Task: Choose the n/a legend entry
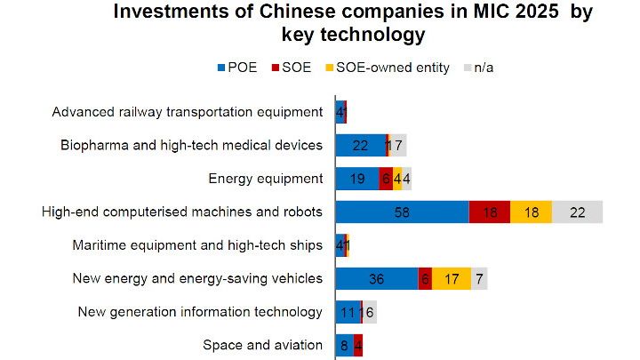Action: click(x=481, y=68)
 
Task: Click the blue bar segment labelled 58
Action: click(x=402, y=212)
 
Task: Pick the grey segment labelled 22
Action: click(x=577, y=212)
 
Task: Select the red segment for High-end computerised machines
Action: click(x=489, y=212)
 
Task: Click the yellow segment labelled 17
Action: click(x=452, y=278)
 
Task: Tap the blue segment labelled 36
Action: click(x=376, y=278)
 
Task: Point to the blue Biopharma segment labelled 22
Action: click(x=360, y=145)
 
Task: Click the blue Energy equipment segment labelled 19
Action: click(x=356, y=179)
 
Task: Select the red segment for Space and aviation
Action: click(x=358, y=345)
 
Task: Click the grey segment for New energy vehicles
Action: click(x=479, y=278)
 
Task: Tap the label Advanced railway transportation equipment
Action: click(x=187, y=112)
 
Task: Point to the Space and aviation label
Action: click(x=262, y=345)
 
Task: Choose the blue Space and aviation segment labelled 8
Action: click(x=344, y=345)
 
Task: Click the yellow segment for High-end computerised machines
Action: click(x=531, y=212)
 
